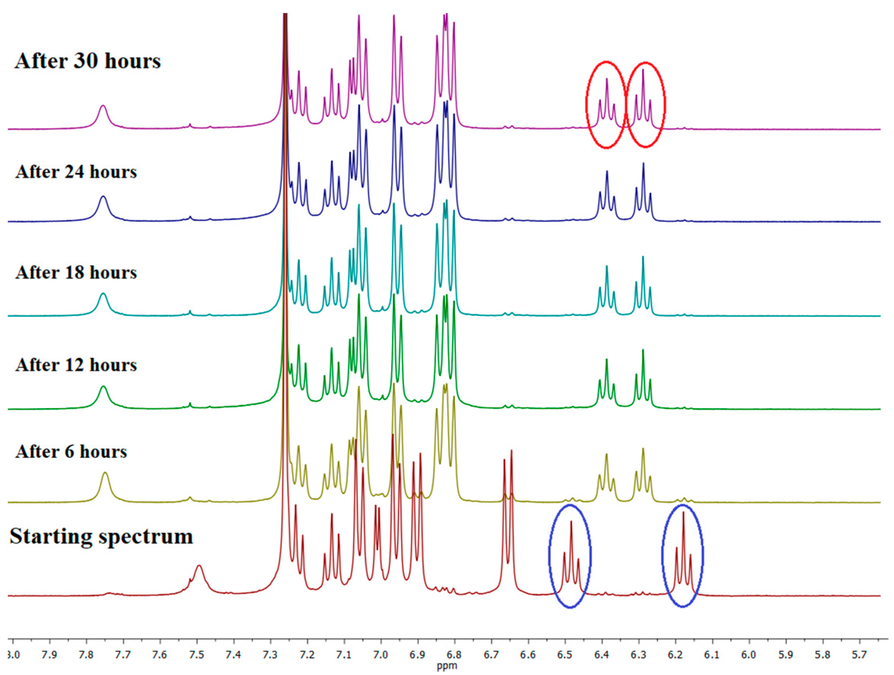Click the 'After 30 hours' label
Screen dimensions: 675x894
tap(88, 62)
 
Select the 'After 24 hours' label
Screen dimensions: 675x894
tap(76, 172)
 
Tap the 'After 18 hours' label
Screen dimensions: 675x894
tap(76, 273)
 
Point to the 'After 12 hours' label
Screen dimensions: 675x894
tap(76, 365)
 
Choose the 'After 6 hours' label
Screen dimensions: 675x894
tap(71, 452)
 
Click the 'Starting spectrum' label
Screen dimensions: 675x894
tap(102, 537)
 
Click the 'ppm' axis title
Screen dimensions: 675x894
tap(446, 666)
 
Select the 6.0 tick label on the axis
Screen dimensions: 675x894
tap(749, 654)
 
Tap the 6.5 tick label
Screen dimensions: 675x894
tap(565, 654)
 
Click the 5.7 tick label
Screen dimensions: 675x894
tap(859, 654)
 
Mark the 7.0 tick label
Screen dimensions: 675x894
tap(381, 654)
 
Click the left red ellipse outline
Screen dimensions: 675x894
tap(587, 105)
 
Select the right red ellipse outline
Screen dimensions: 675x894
tap(665, 105)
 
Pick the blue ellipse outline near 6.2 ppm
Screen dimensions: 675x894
tap(703, 556)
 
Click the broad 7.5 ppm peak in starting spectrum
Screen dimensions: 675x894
tap(199, 567)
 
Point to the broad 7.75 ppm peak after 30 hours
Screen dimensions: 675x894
tap(103, 107)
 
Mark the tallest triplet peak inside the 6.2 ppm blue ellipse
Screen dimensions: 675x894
tap(683, 513)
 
